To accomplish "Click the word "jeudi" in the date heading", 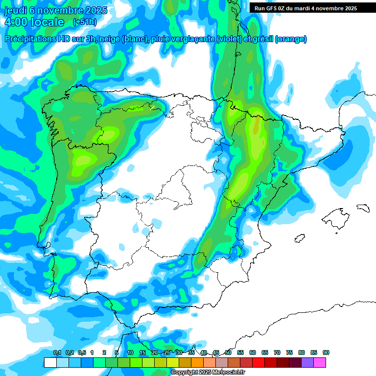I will pos(15,11).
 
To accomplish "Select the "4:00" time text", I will pos(16,22).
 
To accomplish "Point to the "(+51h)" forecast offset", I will pos(85,22).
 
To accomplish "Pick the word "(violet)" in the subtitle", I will pos(229,39).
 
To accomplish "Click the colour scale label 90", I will pos(326,353).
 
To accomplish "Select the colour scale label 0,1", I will pos(57,353).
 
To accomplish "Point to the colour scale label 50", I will pos(228,353).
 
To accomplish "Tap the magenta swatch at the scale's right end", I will pos(320,362).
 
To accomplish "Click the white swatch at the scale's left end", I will pos(50,362).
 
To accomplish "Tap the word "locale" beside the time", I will pos(47,22).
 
